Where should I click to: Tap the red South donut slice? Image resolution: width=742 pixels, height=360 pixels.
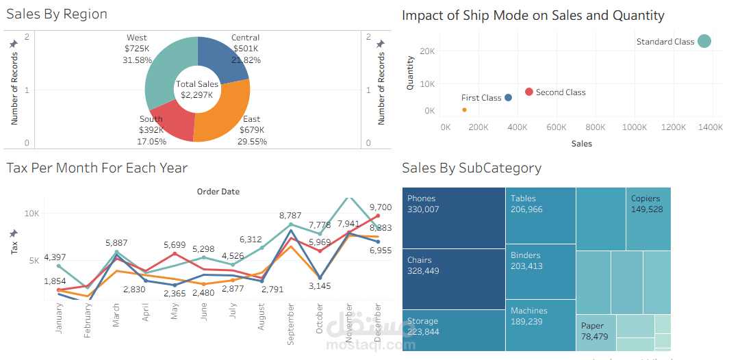coord(168,120)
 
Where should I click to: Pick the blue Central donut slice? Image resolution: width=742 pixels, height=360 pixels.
coord(222,57)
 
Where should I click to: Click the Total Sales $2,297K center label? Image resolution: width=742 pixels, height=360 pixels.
coord(197,89)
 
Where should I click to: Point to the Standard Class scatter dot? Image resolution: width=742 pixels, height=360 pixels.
coord(704,41)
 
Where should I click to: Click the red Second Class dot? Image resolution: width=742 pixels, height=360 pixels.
coord(529,92)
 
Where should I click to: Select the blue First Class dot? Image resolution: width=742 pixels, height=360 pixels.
coord(508,98)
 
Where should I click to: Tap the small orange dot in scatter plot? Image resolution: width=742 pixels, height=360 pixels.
coord(464,110)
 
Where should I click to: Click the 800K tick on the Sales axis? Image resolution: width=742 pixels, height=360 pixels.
coord(596,127)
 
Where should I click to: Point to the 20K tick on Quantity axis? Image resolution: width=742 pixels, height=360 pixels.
coord(428,51)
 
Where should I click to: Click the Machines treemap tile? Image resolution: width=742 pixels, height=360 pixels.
coord(540,325)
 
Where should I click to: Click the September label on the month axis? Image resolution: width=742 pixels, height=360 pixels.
coord(291,324)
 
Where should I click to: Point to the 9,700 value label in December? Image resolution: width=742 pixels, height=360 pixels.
coord(380,207)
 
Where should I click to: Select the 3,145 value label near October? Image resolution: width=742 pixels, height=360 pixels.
coord(319,285)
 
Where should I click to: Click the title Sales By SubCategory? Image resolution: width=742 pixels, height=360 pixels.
coord(472,168)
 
